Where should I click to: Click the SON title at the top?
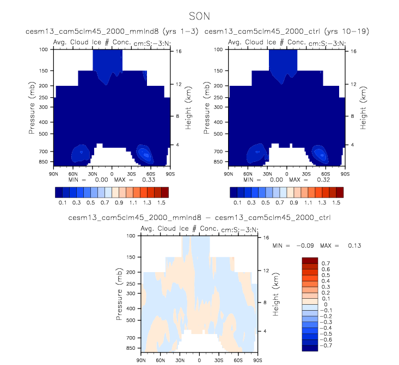(199, 16)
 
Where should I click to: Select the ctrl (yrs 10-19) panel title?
(287, 32)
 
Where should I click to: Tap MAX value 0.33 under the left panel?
(137, 179)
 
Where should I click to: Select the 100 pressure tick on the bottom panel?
(130, 236)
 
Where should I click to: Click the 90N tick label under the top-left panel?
(53, 174)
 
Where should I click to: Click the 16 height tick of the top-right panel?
(353, 51)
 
